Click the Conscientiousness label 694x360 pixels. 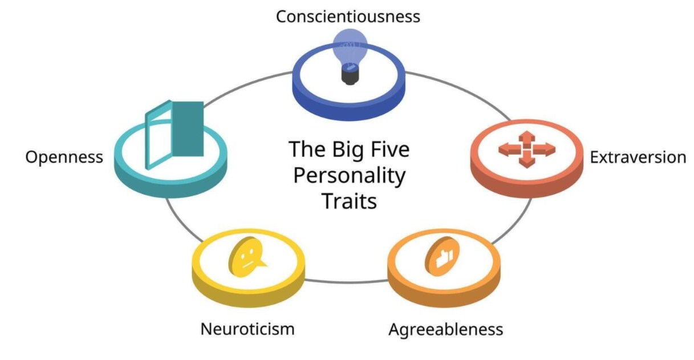pos(348,17)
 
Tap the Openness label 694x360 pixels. pos(64,157)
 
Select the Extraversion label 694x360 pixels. pos(638,157)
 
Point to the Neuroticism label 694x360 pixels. pos(247,329)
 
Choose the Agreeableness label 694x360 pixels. pos(446,329)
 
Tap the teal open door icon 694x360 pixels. pos(174,135)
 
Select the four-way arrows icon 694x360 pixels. pos(527,149)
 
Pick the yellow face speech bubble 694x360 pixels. pos(247,257)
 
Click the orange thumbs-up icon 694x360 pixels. pos(442,256)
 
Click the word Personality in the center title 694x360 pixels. pos(350,176)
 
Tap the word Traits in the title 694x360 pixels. pos(350,201)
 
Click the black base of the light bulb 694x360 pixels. pos(350,76)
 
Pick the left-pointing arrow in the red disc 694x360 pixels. pos(509,149)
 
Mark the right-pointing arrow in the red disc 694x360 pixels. pos(544,149)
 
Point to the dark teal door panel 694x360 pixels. pos(188,129)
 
